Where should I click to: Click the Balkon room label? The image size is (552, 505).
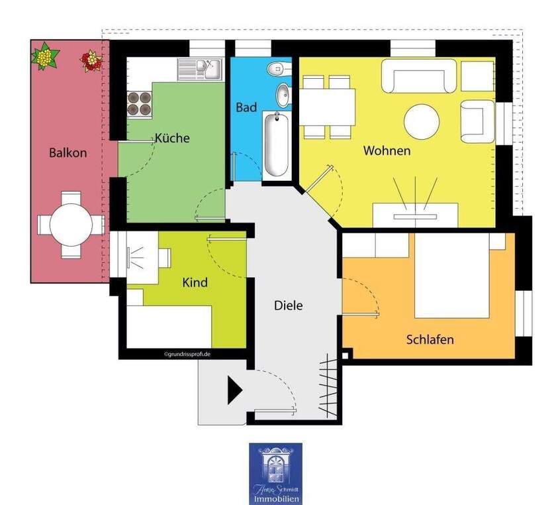coord(68,152)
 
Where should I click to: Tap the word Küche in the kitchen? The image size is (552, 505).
coord(172,139)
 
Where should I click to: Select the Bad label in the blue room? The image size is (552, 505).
coord(246,107)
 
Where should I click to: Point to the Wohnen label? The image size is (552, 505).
coord(387,150)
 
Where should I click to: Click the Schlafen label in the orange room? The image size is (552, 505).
coord(430,339)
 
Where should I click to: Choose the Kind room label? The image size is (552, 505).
coord(195,282)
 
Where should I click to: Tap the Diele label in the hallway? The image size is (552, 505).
coord(289,306)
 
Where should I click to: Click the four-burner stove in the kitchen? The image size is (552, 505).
coord(139,102)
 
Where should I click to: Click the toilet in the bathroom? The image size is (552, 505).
coord(278,68)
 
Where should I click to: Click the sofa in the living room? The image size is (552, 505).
coord(422,76)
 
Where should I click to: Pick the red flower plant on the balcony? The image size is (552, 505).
coord(90,62)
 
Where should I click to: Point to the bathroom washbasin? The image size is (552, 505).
coord(283,95)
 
